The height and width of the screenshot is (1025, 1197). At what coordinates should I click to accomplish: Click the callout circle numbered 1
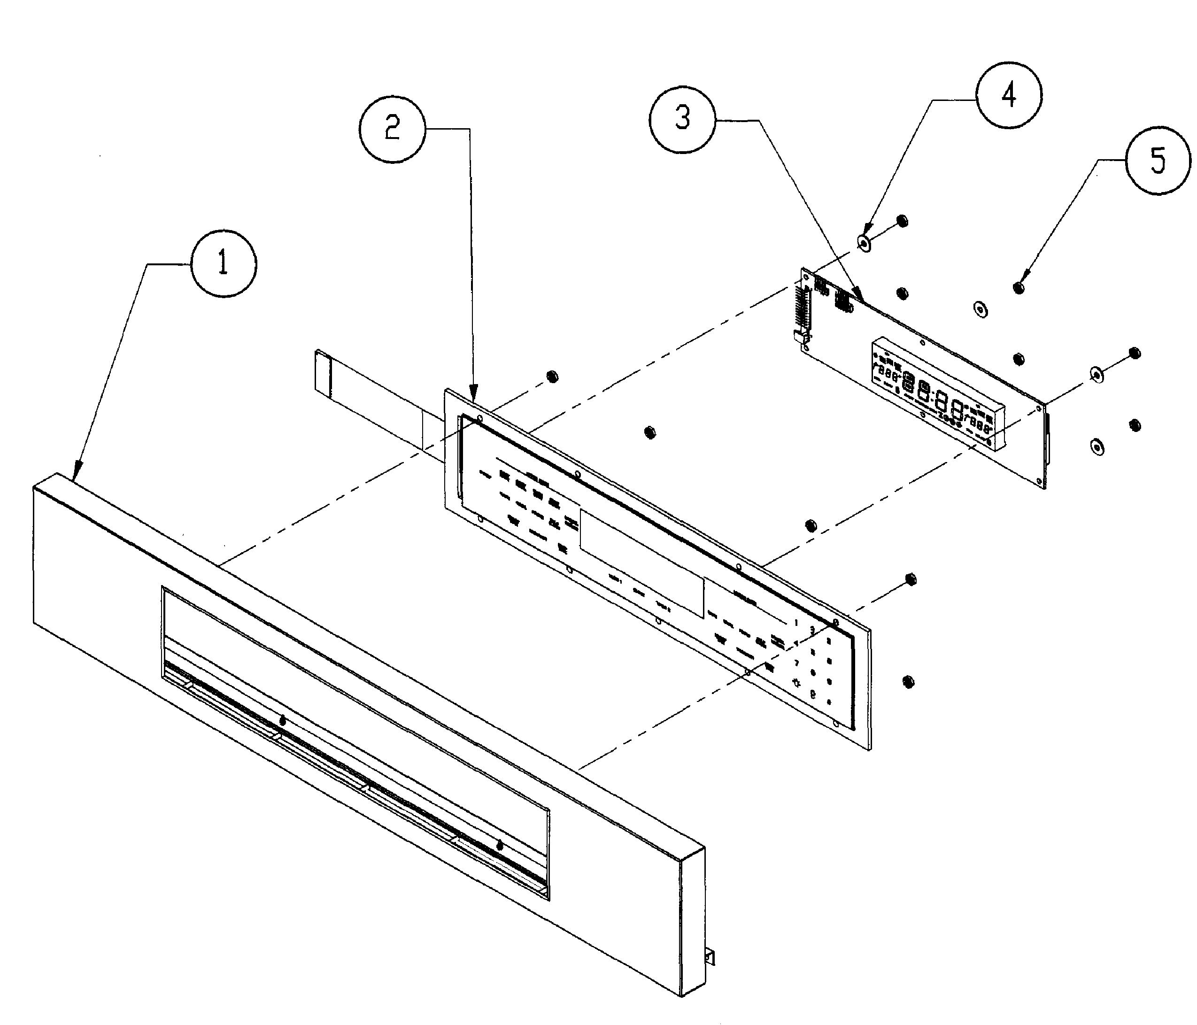tap(224, 264)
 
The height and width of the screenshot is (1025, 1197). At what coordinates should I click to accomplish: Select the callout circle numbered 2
tap(392, 128)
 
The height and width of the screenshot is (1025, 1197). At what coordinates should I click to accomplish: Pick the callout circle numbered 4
tap(1009, 94)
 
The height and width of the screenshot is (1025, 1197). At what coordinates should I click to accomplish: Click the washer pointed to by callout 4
tap(864, 243)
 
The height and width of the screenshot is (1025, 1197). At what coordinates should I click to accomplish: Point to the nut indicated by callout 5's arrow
tap(1019, 287)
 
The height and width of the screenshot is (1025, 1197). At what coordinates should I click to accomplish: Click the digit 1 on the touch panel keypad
tap(796, 622)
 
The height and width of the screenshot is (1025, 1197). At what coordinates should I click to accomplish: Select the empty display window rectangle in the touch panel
tap(641, 563)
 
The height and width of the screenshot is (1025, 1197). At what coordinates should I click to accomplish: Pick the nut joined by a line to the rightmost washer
tap(1134, 353)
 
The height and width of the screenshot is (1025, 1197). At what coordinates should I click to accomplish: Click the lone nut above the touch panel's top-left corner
tap(552, 377)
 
